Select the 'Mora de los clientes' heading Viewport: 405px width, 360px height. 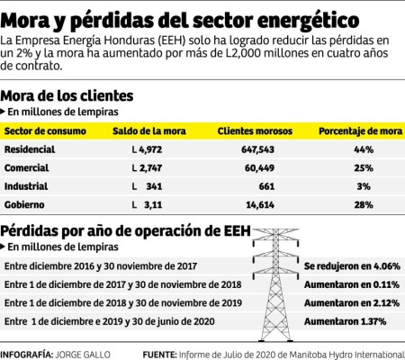[67, 95]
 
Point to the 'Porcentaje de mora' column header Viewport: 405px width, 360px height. [355, 131]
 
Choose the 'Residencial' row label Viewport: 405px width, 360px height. [30, 149]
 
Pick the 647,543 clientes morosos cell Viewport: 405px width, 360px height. [258, 149]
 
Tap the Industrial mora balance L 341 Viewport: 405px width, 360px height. [146, 186]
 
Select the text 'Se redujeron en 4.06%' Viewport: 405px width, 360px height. [349, 266]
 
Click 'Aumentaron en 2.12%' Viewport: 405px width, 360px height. [349, 302]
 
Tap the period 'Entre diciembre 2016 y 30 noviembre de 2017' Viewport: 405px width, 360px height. [100, 266]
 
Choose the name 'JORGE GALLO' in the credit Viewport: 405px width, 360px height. [85, 354]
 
